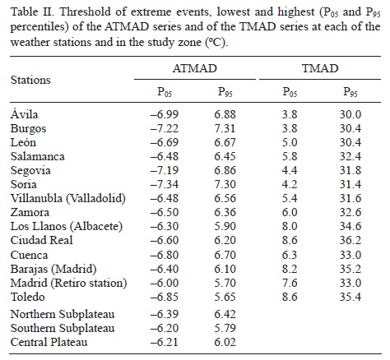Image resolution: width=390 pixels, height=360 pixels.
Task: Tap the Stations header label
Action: (x=30, y=81)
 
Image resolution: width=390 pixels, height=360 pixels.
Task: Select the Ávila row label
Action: (x=25, y=116)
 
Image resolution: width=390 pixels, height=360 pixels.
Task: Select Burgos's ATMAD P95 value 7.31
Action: (x=226, y=129)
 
